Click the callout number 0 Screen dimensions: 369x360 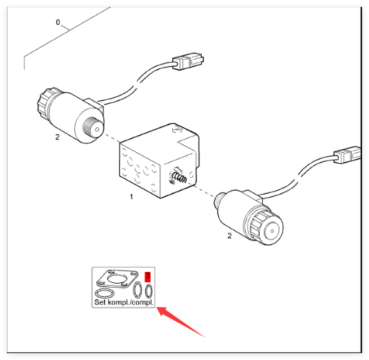[x=58, y=22]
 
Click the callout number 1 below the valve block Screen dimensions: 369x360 [x=131, y=196]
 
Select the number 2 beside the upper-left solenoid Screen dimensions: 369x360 [x=57, y=137]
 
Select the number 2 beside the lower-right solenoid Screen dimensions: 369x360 [x=229, y=235]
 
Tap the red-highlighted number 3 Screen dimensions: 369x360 [x=147, y=276]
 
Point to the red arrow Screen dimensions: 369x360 [x=180, y=322]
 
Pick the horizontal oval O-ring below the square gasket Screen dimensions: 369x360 [x=105, y=294]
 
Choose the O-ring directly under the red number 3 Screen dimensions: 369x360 [x=149, y=291]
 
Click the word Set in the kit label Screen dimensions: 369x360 [x=100, y=302]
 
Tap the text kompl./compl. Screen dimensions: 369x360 [x=130, y=302]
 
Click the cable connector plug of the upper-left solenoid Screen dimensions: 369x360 [x=188, y=61]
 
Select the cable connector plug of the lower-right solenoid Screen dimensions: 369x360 [x=348, y=155]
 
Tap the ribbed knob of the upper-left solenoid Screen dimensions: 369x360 [x=47, y=103]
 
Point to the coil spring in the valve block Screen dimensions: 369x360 [x=180, y=177]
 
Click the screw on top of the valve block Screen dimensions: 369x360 [x=176, y=129]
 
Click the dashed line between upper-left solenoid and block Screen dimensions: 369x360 [x=112, y=138]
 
